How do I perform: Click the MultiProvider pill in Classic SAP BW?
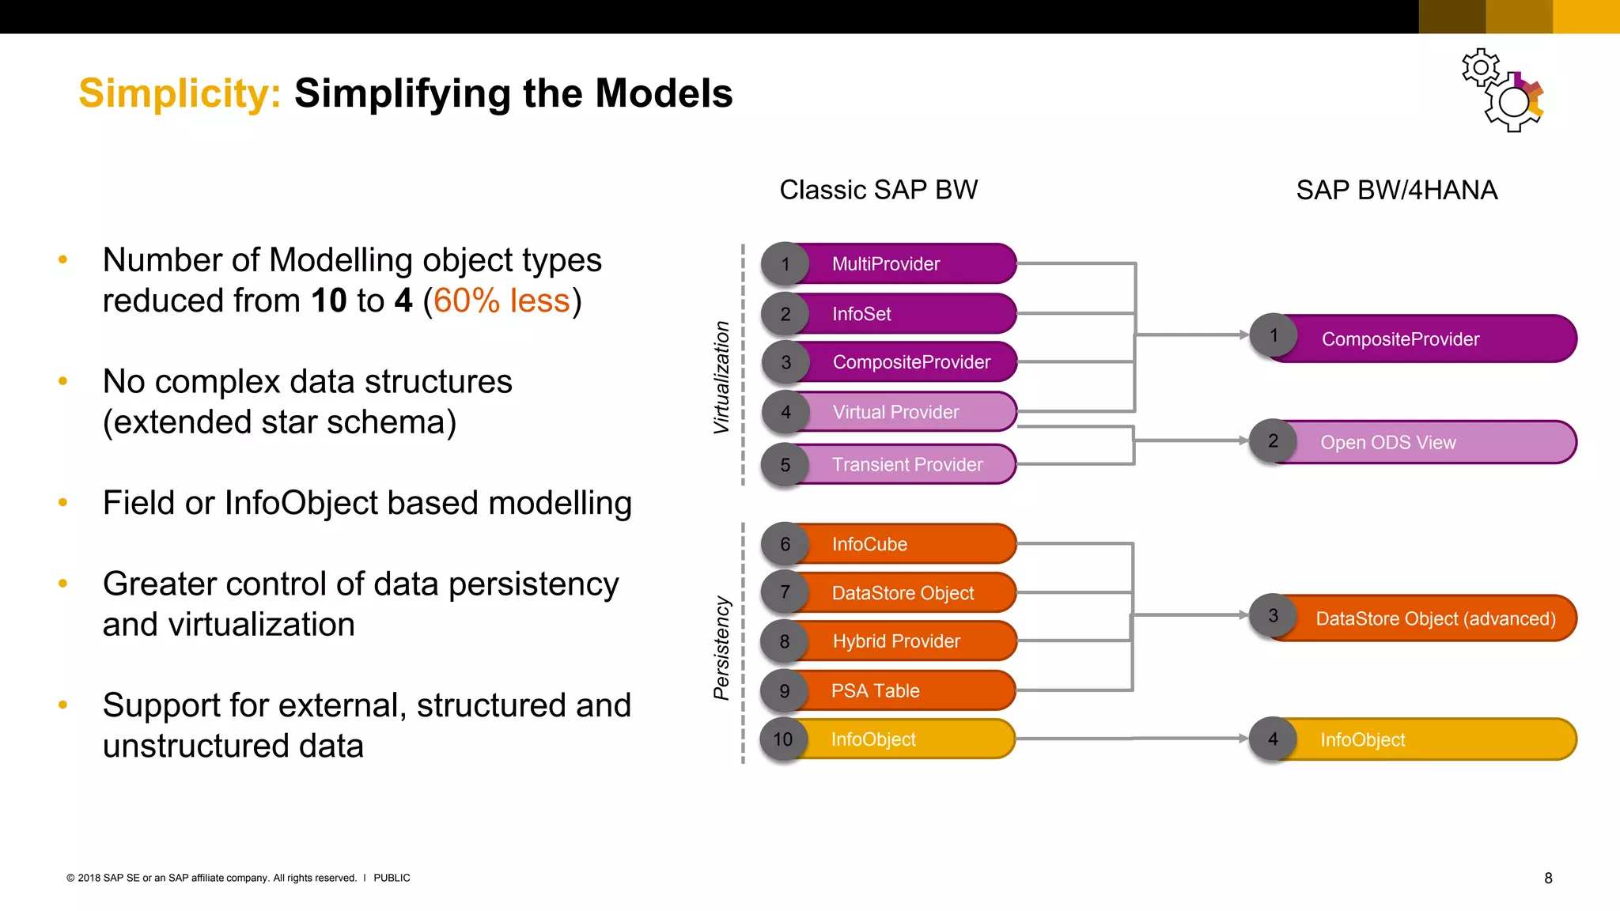[902, 264]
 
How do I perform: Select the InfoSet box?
[902, 314]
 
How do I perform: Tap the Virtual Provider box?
[902, 412]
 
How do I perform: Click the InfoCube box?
[902, 544]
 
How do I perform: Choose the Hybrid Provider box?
[902, 641]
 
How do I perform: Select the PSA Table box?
[902, 691]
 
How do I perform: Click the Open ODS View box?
[1416, 442]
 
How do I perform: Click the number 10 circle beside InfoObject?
[783, 739]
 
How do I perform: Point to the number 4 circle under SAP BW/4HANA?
[1273, 739]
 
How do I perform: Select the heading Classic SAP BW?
[878, 191]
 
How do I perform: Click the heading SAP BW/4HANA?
[1396, 191]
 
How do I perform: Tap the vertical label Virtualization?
[721, 377]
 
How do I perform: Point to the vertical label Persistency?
[721, 648]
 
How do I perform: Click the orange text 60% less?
[502, 301]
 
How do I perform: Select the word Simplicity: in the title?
[180, 93]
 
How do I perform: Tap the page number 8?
[1548, 878]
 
